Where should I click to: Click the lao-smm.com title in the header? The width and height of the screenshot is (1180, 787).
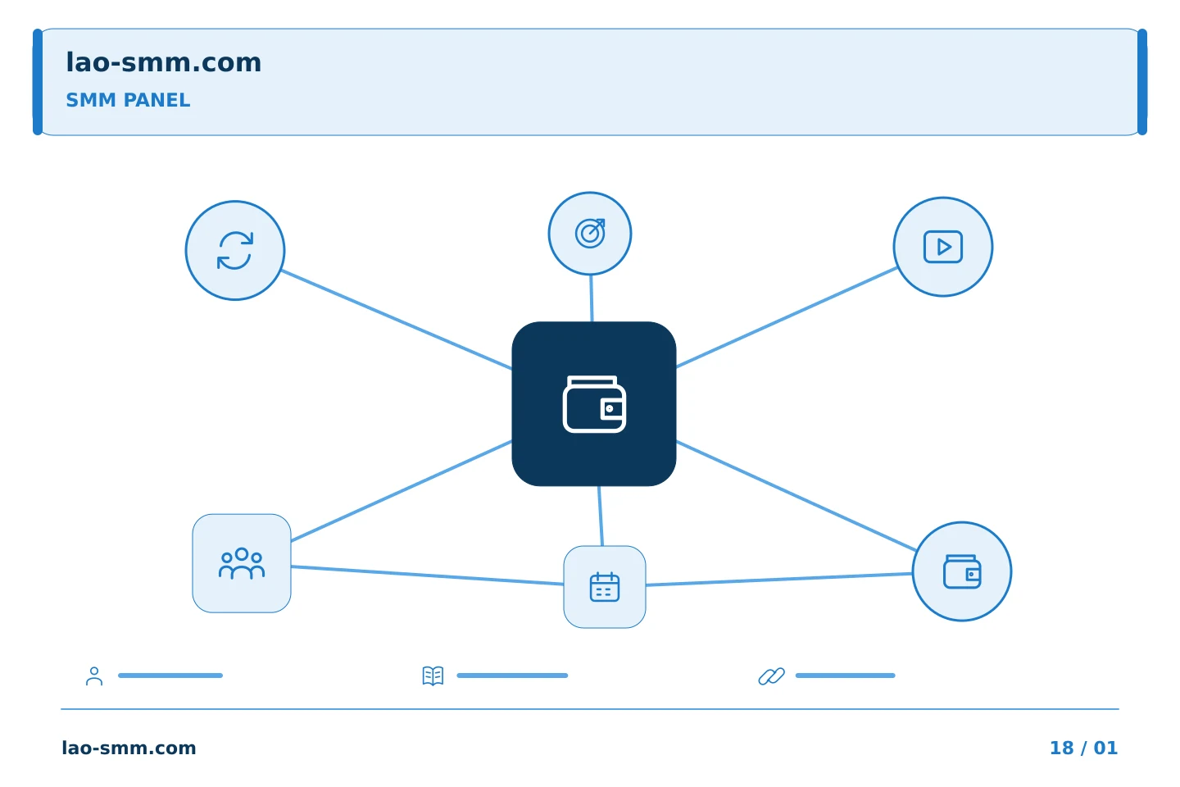(x=163, y=63)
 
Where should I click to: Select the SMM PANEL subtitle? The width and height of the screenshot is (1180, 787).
(x=128, y=100)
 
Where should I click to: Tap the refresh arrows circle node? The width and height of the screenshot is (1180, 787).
(x=235, y=250)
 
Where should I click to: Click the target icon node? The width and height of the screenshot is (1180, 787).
(x=590, y=234)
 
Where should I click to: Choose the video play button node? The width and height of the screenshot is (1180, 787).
(x=943, y=247)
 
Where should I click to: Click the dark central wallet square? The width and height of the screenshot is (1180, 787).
(x=593, y=404)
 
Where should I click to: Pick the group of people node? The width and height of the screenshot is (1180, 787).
(x=242, y=563)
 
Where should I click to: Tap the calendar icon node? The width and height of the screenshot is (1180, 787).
(x=605, y=587)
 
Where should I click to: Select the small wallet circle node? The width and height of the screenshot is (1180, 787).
(x=962, y=571)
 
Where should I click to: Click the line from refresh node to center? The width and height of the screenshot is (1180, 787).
(x=397, y=320)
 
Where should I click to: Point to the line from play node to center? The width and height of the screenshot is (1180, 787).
(x=787, y=316)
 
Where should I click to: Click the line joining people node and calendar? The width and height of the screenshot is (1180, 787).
(x=427, y=575)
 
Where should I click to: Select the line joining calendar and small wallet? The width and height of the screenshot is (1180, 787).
(x=779, y=579)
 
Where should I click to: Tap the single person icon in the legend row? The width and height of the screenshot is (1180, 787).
(x=94, y=676)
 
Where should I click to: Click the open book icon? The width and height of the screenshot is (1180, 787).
(x=433, y=676)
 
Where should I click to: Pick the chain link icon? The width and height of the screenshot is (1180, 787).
(x=772, y=676)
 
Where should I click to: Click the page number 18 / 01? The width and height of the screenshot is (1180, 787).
(x=1083, y=748)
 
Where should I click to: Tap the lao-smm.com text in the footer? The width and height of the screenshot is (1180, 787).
(x=129, y=748)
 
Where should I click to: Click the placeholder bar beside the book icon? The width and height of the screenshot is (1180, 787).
(x=512, y=676)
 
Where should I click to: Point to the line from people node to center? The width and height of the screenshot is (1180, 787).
(x=402, y=491)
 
